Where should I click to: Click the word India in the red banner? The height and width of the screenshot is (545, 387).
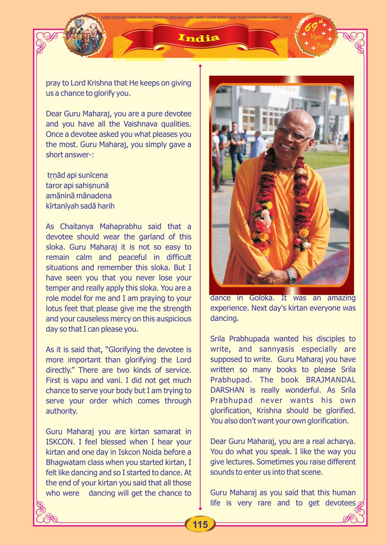tap(198, 38)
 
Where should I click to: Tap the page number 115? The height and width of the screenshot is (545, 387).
tap(200, 525)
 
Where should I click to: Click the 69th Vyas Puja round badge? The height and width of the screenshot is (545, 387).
tap(316, 35)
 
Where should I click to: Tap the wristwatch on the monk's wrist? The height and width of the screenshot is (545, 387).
tap(292, 276)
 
